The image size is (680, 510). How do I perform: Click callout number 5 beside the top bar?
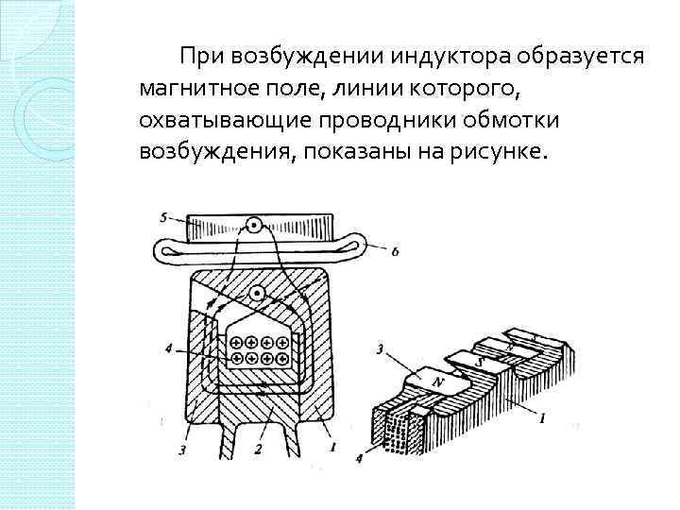coord(164,218)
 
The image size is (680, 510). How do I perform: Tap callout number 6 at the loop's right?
coord(394,251)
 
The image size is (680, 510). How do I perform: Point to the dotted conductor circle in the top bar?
coord(252,226)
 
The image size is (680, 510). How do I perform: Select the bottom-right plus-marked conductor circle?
coord(281,360)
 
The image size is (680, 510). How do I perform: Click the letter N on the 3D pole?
coord(437,381)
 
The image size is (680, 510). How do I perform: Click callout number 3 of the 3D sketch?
coord(379,350)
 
